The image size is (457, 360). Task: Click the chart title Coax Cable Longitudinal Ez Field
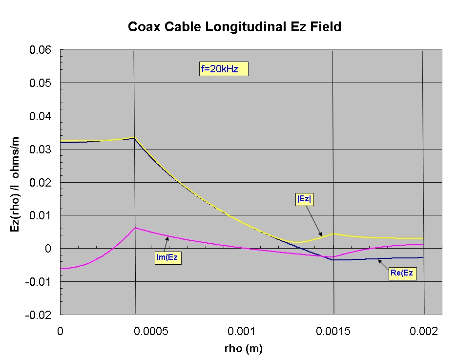tap(234, 26)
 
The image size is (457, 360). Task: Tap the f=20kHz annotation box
tap(220, 69)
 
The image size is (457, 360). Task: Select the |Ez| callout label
tap(304, 199)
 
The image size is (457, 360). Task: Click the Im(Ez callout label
tap(168, 257)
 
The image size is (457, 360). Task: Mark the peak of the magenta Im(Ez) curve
tap(135, 228)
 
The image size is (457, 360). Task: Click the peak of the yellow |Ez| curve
tap(134, 138)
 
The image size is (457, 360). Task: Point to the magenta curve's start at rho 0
tap(61, 269)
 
